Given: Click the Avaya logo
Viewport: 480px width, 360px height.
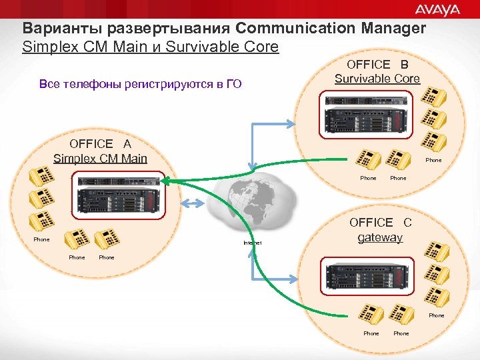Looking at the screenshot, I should (438, 9).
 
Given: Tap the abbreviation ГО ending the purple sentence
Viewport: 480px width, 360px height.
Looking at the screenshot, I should (233, 85).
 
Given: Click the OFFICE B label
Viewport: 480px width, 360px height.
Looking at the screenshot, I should (377, 65).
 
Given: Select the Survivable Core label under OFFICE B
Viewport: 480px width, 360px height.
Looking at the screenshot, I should (377, 79).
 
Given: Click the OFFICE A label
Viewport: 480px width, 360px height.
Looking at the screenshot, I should (100, 144).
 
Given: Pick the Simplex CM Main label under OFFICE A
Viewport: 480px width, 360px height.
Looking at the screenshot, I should (100, 159).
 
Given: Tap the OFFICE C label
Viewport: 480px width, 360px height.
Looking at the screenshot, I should (381, 223).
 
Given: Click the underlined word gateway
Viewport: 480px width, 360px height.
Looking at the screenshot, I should (380, 237).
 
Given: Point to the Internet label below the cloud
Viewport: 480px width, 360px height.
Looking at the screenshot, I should (253, 243).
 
